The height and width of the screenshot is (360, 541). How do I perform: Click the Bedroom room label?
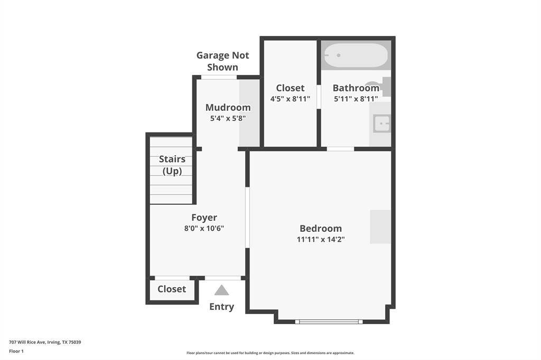321,228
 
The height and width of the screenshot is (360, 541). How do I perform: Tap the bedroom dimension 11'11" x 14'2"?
321,239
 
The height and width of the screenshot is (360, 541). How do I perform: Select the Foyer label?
204,217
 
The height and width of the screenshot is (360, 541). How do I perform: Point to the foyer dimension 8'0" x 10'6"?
204,228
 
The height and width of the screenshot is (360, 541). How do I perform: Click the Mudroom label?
228,107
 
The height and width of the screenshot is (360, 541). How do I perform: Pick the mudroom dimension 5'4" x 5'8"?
228,118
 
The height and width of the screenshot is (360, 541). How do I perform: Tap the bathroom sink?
381,124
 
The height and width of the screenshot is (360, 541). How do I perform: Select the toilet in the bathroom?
379,87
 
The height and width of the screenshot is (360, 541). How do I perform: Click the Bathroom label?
356,88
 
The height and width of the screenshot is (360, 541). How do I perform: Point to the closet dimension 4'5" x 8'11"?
290,99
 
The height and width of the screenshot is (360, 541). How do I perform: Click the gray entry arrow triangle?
221,290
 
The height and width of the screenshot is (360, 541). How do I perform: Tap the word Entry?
221,307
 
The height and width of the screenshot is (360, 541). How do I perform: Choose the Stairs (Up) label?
172,165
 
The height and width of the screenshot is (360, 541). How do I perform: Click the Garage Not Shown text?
222,61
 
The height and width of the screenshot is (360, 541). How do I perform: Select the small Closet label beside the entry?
172,289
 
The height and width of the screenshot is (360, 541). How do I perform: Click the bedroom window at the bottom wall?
329,321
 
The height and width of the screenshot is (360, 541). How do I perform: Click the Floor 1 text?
16,351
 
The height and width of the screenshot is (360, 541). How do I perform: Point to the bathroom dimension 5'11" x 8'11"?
356,99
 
